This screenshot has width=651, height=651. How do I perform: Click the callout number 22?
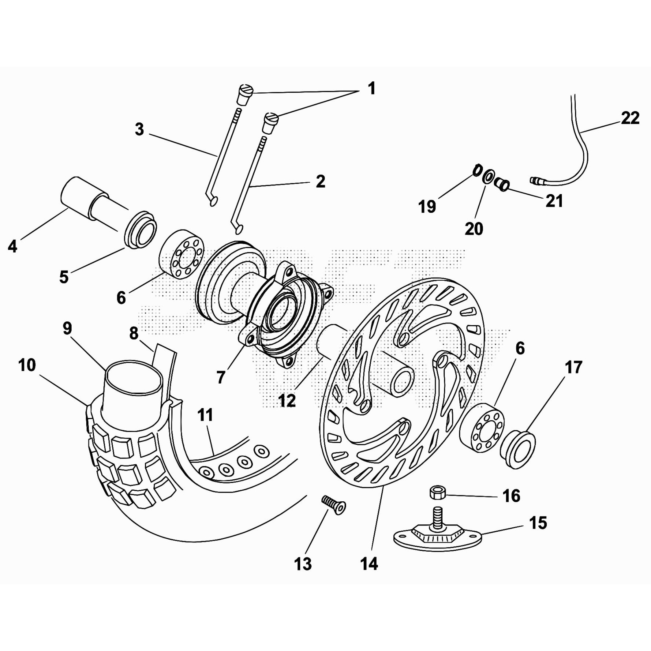pos(630,118)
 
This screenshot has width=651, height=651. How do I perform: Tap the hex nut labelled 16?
pos(437,493)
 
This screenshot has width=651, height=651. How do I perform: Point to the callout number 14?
pos(369,564)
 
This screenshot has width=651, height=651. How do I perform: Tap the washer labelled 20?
pos(488,178)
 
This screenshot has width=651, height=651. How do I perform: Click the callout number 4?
pos(13,246)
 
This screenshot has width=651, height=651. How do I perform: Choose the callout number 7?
pos(221,377)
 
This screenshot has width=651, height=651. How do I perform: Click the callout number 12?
pos(287,401)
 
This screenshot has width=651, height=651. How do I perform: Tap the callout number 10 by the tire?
pos(27,365)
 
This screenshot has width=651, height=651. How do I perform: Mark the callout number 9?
pos(67,328)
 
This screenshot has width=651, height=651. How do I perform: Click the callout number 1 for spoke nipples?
pos(371,88)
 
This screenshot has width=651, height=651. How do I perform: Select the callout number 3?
pos(139,129)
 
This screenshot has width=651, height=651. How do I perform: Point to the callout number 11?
pos(205,415)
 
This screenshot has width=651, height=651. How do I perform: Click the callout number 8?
pos(134,333)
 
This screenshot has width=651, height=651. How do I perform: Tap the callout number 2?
pos(320,181)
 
